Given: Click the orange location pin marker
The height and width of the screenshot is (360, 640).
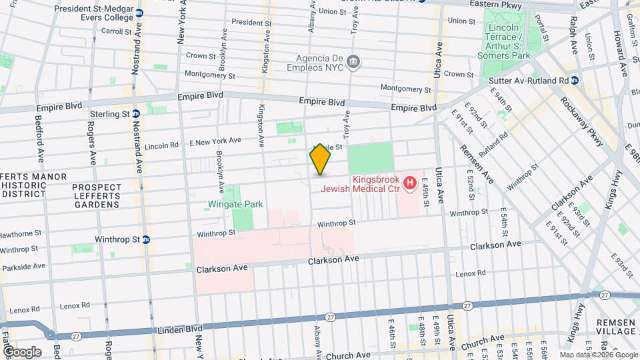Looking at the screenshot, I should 320,160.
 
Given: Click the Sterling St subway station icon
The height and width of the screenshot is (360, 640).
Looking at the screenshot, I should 136,114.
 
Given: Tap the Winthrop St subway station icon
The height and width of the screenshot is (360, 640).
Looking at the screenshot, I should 145,239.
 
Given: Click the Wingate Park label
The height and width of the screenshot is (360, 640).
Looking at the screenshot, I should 235,205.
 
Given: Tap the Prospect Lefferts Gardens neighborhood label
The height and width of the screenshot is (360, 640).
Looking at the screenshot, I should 97,196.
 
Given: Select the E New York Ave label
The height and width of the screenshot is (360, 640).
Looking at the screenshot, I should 215,141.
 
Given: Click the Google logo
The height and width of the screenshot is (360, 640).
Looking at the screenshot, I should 21,352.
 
